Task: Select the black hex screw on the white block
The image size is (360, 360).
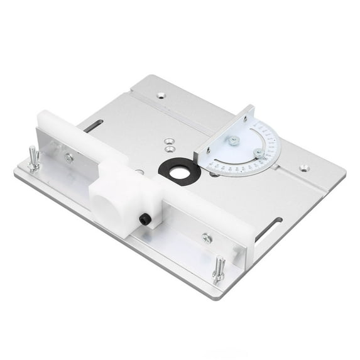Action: pos(145,219)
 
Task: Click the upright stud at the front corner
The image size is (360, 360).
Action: pos(219,269)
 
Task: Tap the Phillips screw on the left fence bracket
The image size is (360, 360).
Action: pos(68,158)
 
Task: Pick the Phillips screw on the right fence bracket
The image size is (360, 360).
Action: pos(206,238)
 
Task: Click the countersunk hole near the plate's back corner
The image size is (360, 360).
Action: pos(161,95)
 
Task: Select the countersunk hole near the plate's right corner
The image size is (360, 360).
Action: pos(304,168)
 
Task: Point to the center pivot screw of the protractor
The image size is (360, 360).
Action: pos(234,141)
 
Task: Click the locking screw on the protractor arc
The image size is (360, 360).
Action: pos(259,153)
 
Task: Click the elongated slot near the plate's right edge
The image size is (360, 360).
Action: pos(269,227)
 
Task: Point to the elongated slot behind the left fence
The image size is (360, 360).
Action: pos(92,126)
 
